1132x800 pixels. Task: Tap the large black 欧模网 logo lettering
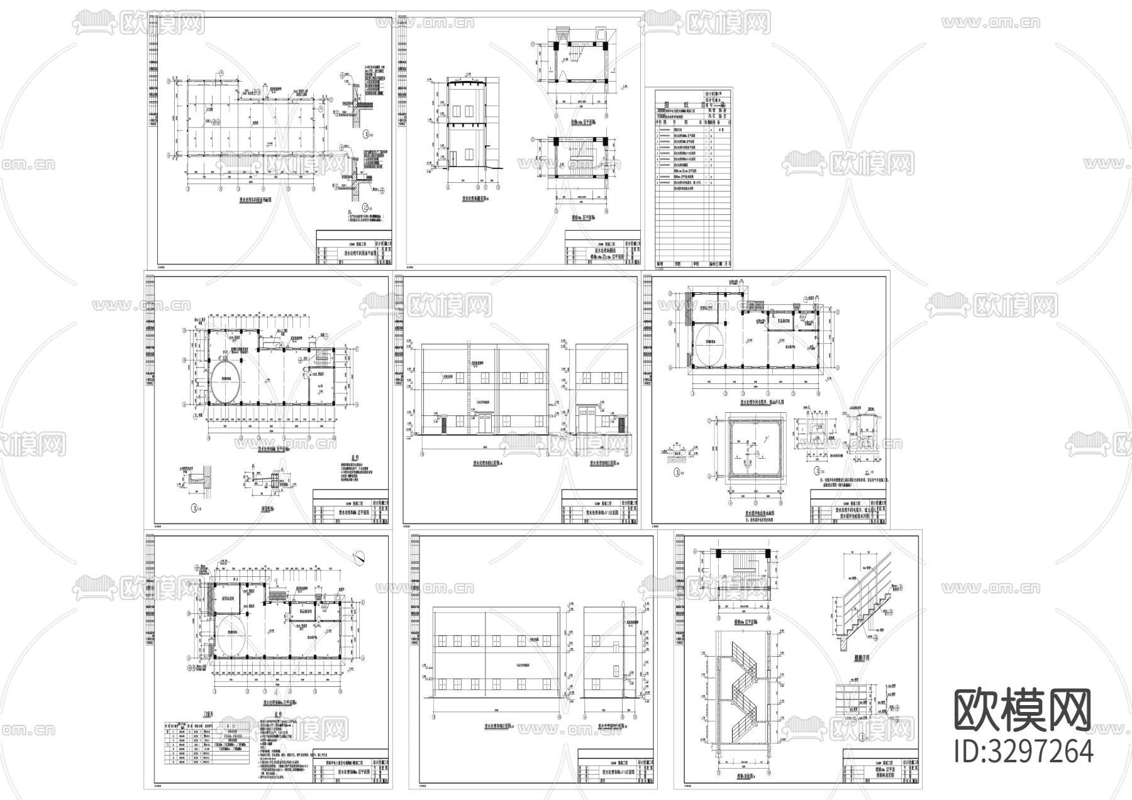(x=1023, y=710)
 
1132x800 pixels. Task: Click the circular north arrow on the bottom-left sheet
(x=359, y=556)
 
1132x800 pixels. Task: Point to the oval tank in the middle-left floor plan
(x=225, y=382)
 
